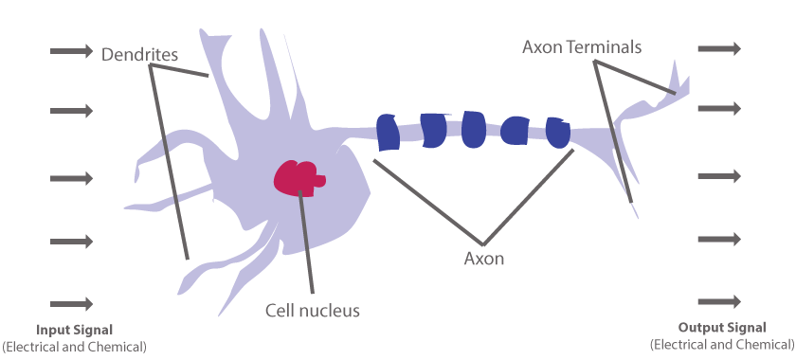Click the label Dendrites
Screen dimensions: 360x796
(139, 54)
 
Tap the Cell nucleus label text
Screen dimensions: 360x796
(312, 310)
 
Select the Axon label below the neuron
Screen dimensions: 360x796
(483, 258)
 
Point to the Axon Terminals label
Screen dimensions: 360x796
(583, 46)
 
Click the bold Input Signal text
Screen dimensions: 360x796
(74, 330)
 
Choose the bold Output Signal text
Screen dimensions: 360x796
(722, 327)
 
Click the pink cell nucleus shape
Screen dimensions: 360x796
(298, 175)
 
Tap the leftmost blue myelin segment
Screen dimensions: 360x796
(388, 132)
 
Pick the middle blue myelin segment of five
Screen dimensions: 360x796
(474, 129)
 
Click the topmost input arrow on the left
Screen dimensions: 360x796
(71, 50)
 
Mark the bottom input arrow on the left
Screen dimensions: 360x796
(71, 304)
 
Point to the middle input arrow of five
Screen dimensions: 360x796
(71, 178)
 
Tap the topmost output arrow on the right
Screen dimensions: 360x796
(719, 47)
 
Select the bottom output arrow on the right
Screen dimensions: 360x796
(719, 302)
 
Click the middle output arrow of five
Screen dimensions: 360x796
(719, 175)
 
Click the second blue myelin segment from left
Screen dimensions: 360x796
(432, 131)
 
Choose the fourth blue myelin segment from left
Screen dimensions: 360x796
(516, 131)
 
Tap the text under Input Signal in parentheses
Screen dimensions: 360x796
(74, 347)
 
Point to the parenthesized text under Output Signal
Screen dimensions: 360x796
(722, 344)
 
